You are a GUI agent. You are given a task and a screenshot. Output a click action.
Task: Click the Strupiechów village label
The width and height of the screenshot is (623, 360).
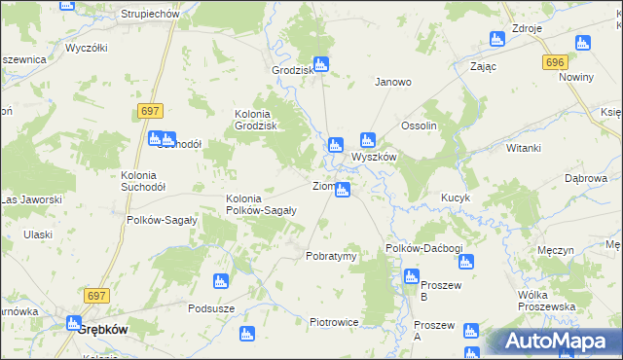(x=151, y=15)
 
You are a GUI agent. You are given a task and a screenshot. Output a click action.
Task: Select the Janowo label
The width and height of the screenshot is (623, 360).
(x=393, y=83)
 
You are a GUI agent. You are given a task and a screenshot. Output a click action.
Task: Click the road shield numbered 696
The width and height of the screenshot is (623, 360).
(x=555, y=62)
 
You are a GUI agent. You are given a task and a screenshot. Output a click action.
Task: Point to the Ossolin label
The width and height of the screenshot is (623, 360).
(x=420, y=127)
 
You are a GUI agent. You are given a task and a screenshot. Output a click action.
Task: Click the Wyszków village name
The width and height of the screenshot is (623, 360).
(x=373, y=156)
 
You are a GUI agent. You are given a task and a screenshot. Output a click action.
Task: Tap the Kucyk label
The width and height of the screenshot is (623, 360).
(x=455, y=198)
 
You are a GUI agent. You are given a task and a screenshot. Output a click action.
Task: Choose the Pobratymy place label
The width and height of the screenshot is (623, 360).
(x=332, y=256)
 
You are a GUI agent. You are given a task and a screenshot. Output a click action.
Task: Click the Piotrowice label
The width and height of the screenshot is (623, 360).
(x=335, y=322)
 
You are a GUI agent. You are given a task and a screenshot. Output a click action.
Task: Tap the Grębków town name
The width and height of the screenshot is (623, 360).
(x=102, y=329)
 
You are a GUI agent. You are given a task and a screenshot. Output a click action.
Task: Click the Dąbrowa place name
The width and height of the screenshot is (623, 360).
(x=586, y=178)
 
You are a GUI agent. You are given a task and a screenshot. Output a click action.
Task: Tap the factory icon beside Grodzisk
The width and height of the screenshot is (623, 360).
(x=321, y=65)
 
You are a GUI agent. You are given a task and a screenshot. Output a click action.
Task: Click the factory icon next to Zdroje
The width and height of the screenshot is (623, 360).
(x=496, y=40)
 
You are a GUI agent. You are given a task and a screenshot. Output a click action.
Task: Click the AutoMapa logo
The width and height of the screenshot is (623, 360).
(x=559, y=342)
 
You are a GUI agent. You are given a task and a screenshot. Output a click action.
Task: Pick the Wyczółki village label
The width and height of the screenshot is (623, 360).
(x=86, y=47)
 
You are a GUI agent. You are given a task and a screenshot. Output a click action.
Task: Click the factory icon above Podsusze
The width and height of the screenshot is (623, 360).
(x=220, y=282)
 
